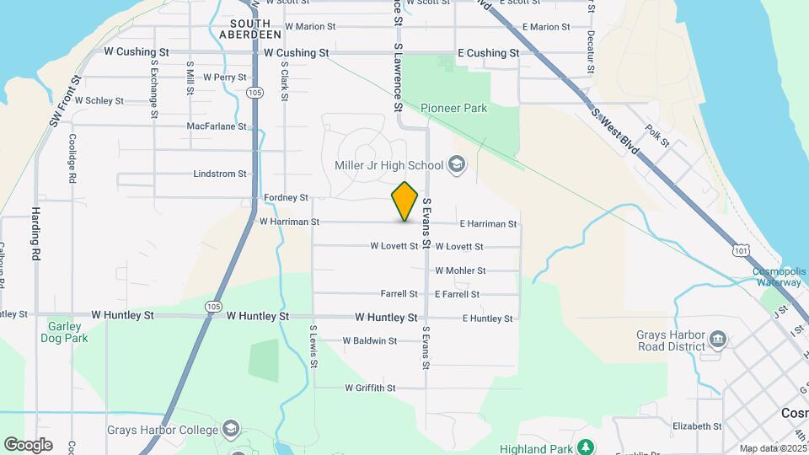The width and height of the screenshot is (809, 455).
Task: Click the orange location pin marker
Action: pyautogui.click(x=404, y=201)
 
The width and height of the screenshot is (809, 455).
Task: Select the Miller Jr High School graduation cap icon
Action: pyautogui.click(x=458, y=163)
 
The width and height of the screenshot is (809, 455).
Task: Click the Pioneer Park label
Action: pyautogui.click(x=453, y=108)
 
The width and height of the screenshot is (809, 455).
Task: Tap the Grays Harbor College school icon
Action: pyautogui.click(x=231, y=429)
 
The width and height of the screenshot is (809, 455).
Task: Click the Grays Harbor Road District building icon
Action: pyautogui.click(x=718, y=340)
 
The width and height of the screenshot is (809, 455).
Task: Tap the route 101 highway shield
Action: pyautogui.click(x=740, y=250)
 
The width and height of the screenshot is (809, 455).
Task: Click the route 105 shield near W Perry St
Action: pyautogui.click(x=254, y=92)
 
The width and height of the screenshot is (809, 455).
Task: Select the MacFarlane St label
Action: pyautogui.click(x=217, y=126)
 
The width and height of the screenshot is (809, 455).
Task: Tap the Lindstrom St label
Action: pyautogui.click(x=219, y=174)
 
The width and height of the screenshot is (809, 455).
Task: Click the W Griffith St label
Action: pyautogui.click(x=370, y=388)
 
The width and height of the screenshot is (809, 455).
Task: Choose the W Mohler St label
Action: pyautogui.click(x=460, y=270)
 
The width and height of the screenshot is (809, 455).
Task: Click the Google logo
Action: pyautogui.click(x=28, y=444)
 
